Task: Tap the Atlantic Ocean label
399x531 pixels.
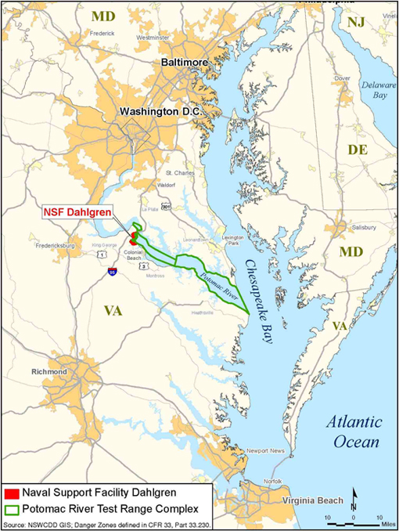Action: coord(354,431)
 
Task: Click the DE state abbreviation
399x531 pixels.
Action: coord(356,149)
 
